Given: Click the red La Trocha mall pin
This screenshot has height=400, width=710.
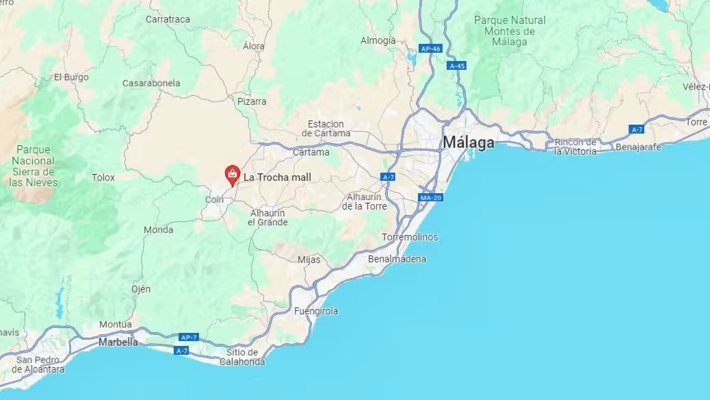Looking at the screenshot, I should (233, 175).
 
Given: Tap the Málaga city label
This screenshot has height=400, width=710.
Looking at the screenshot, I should (469, 142).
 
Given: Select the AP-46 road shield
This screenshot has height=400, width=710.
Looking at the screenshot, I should (431, 49).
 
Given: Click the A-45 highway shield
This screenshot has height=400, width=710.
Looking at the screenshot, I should (456, 66).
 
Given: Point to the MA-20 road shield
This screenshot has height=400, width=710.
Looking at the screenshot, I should (430, 198).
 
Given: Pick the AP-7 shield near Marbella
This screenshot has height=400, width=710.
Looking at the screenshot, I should (188, 337).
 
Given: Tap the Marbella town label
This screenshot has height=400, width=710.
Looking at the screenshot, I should (118, 342).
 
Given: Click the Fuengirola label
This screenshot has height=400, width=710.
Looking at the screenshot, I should (316, 311).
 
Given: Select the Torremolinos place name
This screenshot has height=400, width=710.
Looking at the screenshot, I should (410, 237).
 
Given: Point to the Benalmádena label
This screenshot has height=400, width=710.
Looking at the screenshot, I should (397, 259).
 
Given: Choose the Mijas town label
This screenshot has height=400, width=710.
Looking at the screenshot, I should (308, 260).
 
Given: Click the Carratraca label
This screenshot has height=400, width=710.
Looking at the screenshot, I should (168, 19).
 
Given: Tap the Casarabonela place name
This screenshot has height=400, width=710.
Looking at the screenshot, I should (151, 83).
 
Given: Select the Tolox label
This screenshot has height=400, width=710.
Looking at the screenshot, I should (103, 177).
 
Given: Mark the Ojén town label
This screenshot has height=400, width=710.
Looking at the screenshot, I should (141, 289).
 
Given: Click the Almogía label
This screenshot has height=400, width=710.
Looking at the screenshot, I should (378, 40).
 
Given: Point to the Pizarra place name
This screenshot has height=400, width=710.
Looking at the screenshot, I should (252, 101).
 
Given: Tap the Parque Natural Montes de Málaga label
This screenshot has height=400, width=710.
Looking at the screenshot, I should (510, 31).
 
